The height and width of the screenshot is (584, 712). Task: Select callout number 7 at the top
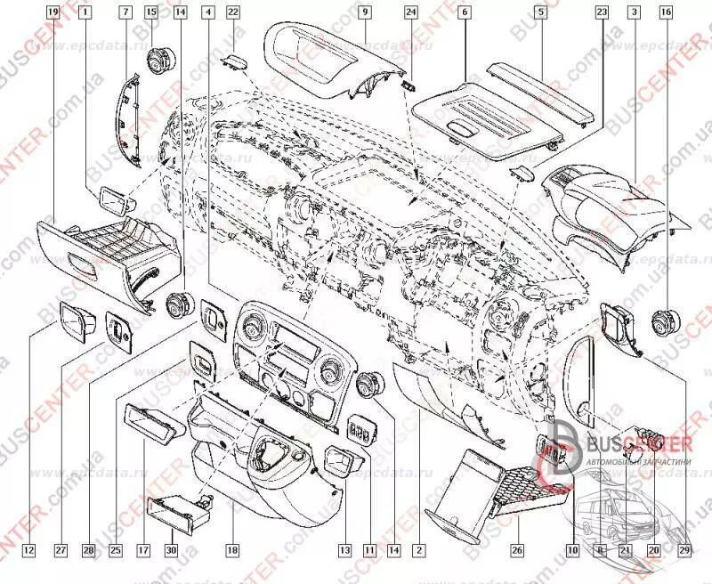pyautogui.click(x=125, y=12)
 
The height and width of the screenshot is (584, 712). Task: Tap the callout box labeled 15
pyautogui.click(x=151, y=12)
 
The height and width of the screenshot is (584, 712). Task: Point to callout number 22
pyautogui.click(x=233, y=12)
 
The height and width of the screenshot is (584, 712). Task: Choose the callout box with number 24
pyautogui.click(x=410, y=12)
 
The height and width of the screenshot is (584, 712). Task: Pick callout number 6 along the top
pyautogui.click(x=465, y=12)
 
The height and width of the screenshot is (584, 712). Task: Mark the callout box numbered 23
pyautogui.click(x=602, y=12)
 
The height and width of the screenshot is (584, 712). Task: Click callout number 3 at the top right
pyautogui.click(x=633, y=12)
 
